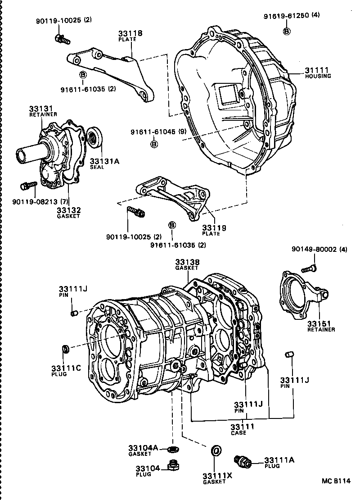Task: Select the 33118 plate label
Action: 130,33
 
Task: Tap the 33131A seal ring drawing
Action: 95,137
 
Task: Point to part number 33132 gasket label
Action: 68,210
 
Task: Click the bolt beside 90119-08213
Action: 28,186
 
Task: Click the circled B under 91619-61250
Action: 286,31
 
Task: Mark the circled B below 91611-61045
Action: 153,144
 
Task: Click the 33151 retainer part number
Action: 319,323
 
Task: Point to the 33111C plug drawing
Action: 65,348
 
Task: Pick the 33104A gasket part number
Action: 143,448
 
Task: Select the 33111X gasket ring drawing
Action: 216,450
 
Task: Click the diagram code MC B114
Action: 335,482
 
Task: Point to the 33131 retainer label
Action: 41,109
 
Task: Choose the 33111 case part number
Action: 242,427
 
